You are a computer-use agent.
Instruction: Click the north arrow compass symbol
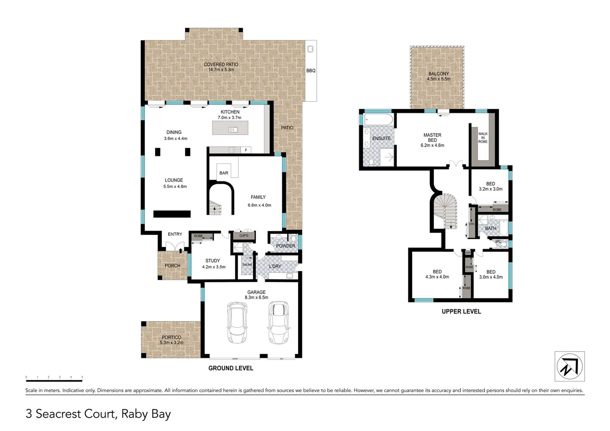(569, 366)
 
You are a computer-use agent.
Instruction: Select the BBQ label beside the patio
(311, 71)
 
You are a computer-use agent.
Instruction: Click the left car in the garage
(237, 322)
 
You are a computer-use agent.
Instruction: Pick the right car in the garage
(278, 322)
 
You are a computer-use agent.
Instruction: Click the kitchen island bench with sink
(230, 128)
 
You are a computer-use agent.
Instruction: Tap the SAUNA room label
(247, 265)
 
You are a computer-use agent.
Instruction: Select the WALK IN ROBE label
(483, 138)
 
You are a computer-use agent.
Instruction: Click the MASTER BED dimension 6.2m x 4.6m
(432, 145)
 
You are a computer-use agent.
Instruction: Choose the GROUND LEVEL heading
(231, 368)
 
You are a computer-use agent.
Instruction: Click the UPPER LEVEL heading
(461, 311)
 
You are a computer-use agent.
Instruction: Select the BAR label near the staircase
(224, 173)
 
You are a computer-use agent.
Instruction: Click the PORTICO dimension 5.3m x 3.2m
(172, 342)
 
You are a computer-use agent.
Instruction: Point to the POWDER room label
(285, 246)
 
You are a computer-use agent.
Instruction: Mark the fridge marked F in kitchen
(246, 150)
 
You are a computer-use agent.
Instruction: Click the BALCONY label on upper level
(438, 74)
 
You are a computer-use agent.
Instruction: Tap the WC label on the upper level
(498, 241)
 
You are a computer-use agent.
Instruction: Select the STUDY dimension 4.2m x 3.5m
(214, 267)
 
